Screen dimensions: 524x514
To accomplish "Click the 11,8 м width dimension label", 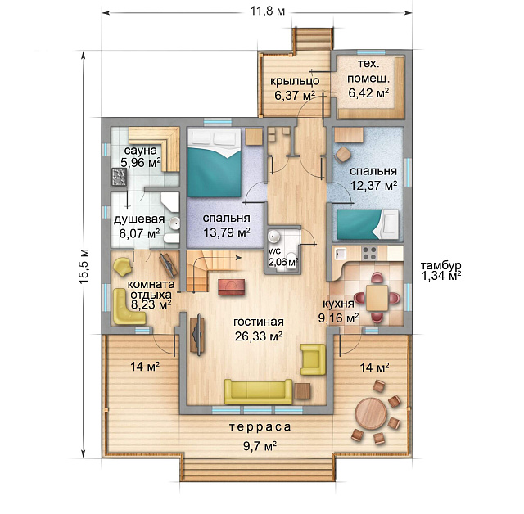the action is pos(268,11).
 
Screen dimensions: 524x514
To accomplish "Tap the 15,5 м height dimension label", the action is pos(84,266).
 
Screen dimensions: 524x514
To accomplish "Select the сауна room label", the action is pos(140,151).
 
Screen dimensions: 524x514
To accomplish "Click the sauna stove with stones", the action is pos(119,177).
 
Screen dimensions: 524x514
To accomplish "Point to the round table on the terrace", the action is pos(371,413).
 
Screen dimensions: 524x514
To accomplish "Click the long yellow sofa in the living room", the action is pos(259,391).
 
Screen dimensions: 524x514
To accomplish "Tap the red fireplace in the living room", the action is pos(232,287).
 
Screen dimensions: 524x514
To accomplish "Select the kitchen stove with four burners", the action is pos(369,253).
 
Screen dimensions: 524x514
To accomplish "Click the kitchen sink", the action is pos(341,253).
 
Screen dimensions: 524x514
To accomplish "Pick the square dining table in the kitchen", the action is pos(377,298).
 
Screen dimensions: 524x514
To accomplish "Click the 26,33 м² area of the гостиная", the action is pos(259,336).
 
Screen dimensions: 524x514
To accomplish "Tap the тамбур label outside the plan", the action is pos(440,266).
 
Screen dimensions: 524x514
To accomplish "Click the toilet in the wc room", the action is pos(293,260).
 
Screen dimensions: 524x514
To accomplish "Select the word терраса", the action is pos(260,426).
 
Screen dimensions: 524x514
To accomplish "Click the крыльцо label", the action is pos(295,81).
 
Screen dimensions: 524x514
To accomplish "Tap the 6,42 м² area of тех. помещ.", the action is pos(368,92).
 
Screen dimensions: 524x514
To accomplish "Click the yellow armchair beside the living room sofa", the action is pos(313,359).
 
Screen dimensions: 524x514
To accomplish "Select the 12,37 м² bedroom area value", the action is pos(373,185).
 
